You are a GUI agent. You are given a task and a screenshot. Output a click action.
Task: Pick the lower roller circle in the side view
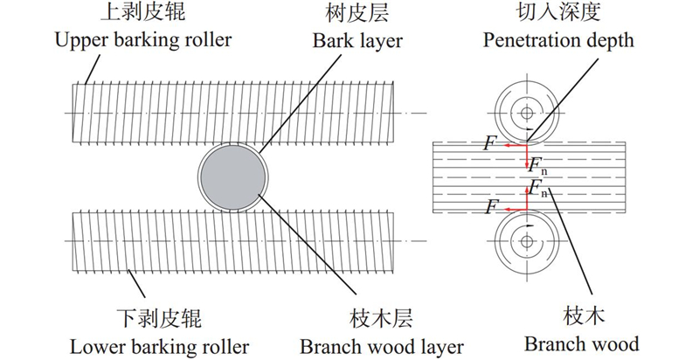(526, 237)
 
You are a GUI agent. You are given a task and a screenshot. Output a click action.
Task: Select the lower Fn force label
(537, 187)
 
